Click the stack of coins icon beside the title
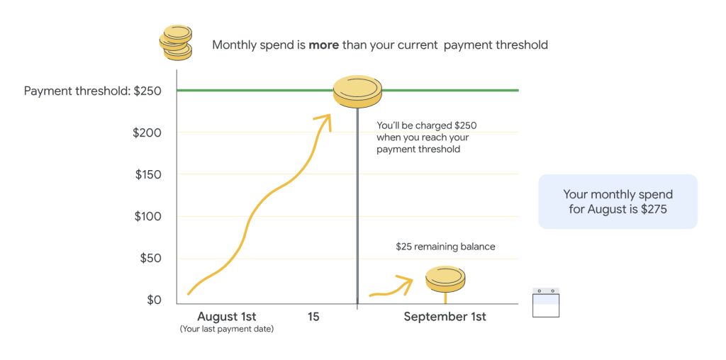coord(176,42)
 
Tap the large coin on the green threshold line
coord(357,91)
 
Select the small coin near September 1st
coord(445,279)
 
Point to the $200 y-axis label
coord(147,133)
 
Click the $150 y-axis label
coord(148,174)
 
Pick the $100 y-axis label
coord(148,216)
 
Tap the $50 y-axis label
coord(151,258)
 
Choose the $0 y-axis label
coord(154,300)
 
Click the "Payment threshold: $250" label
coord(93,91)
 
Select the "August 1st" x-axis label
coord(227,317)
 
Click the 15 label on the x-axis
coord(313,317)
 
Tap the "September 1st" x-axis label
coord(445,317)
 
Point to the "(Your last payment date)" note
coord(227,330)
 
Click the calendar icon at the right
coord(546,303)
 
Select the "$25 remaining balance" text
coord(445,247)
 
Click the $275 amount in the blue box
coord(654,209)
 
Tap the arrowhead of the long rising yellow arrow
coord(325,121)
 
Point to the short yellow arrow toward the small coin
coord(391,287)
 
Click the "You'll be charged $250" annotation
coord(426,125)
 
